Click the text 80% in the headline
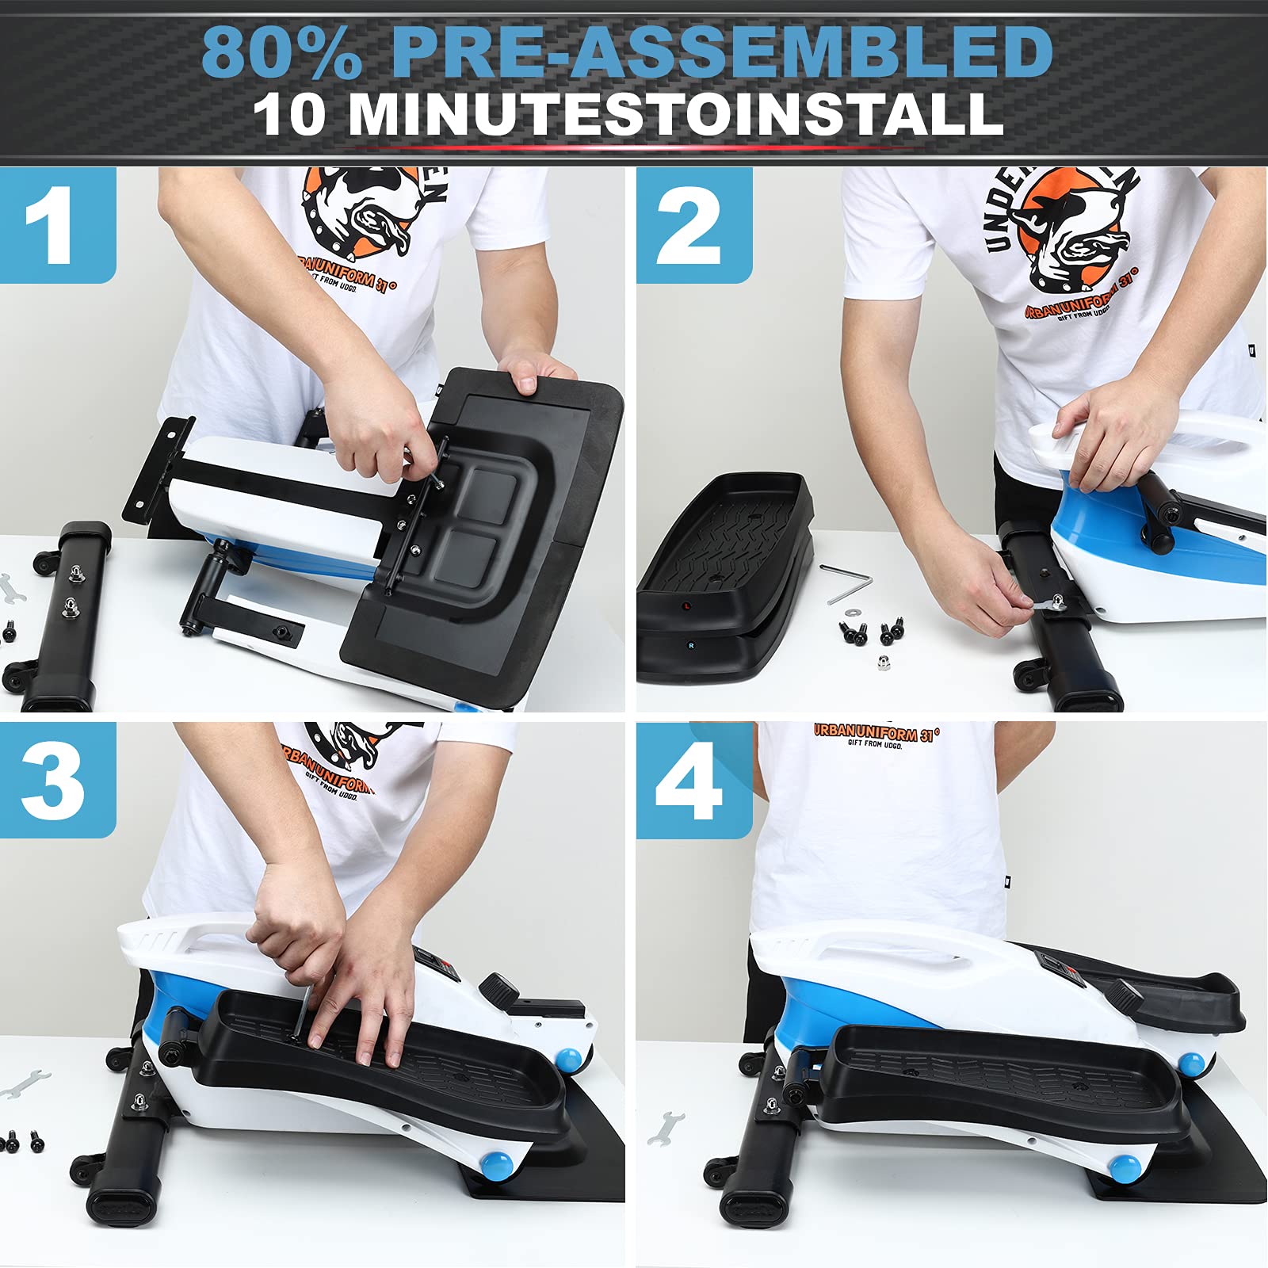(281, 52)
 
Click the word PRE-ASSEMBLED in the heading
(721, 52)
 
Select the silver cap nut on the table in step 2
(882, 662)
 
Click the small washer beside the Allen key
(854, 612)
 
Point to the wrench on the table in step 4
(666, 1127)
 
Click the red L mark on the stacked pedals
(687, 606)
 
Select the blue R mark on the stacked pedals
(690, 646)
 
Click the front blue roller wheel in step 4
(1124, 1167)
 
